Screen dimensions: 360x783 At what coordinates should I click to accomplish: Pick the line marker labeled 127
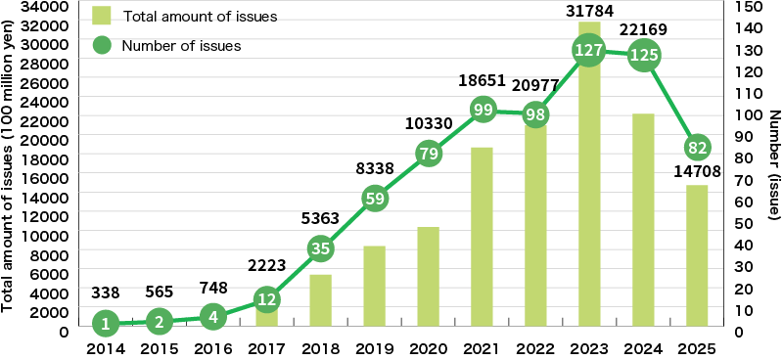click(588, 51)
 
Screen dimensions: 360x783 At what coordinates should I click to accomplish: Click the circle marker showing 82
click(696, 148)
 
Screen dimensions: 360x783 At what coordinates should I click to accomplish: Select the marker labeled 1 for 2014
click(106, 322)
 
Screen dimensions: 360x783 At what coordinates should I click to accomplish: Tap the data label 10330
click(428, 122)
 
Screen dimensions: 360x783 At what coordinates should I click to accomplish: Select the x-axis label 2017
click(266, 348)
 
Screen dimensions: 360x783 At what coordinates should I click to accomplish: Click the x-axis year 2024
click(642, 348)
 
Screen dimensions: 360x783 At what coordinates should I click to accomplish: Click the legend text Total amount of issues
click(199, 17)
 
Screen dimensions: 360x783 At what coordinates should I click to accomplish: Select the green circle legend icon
click(102, 45)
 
